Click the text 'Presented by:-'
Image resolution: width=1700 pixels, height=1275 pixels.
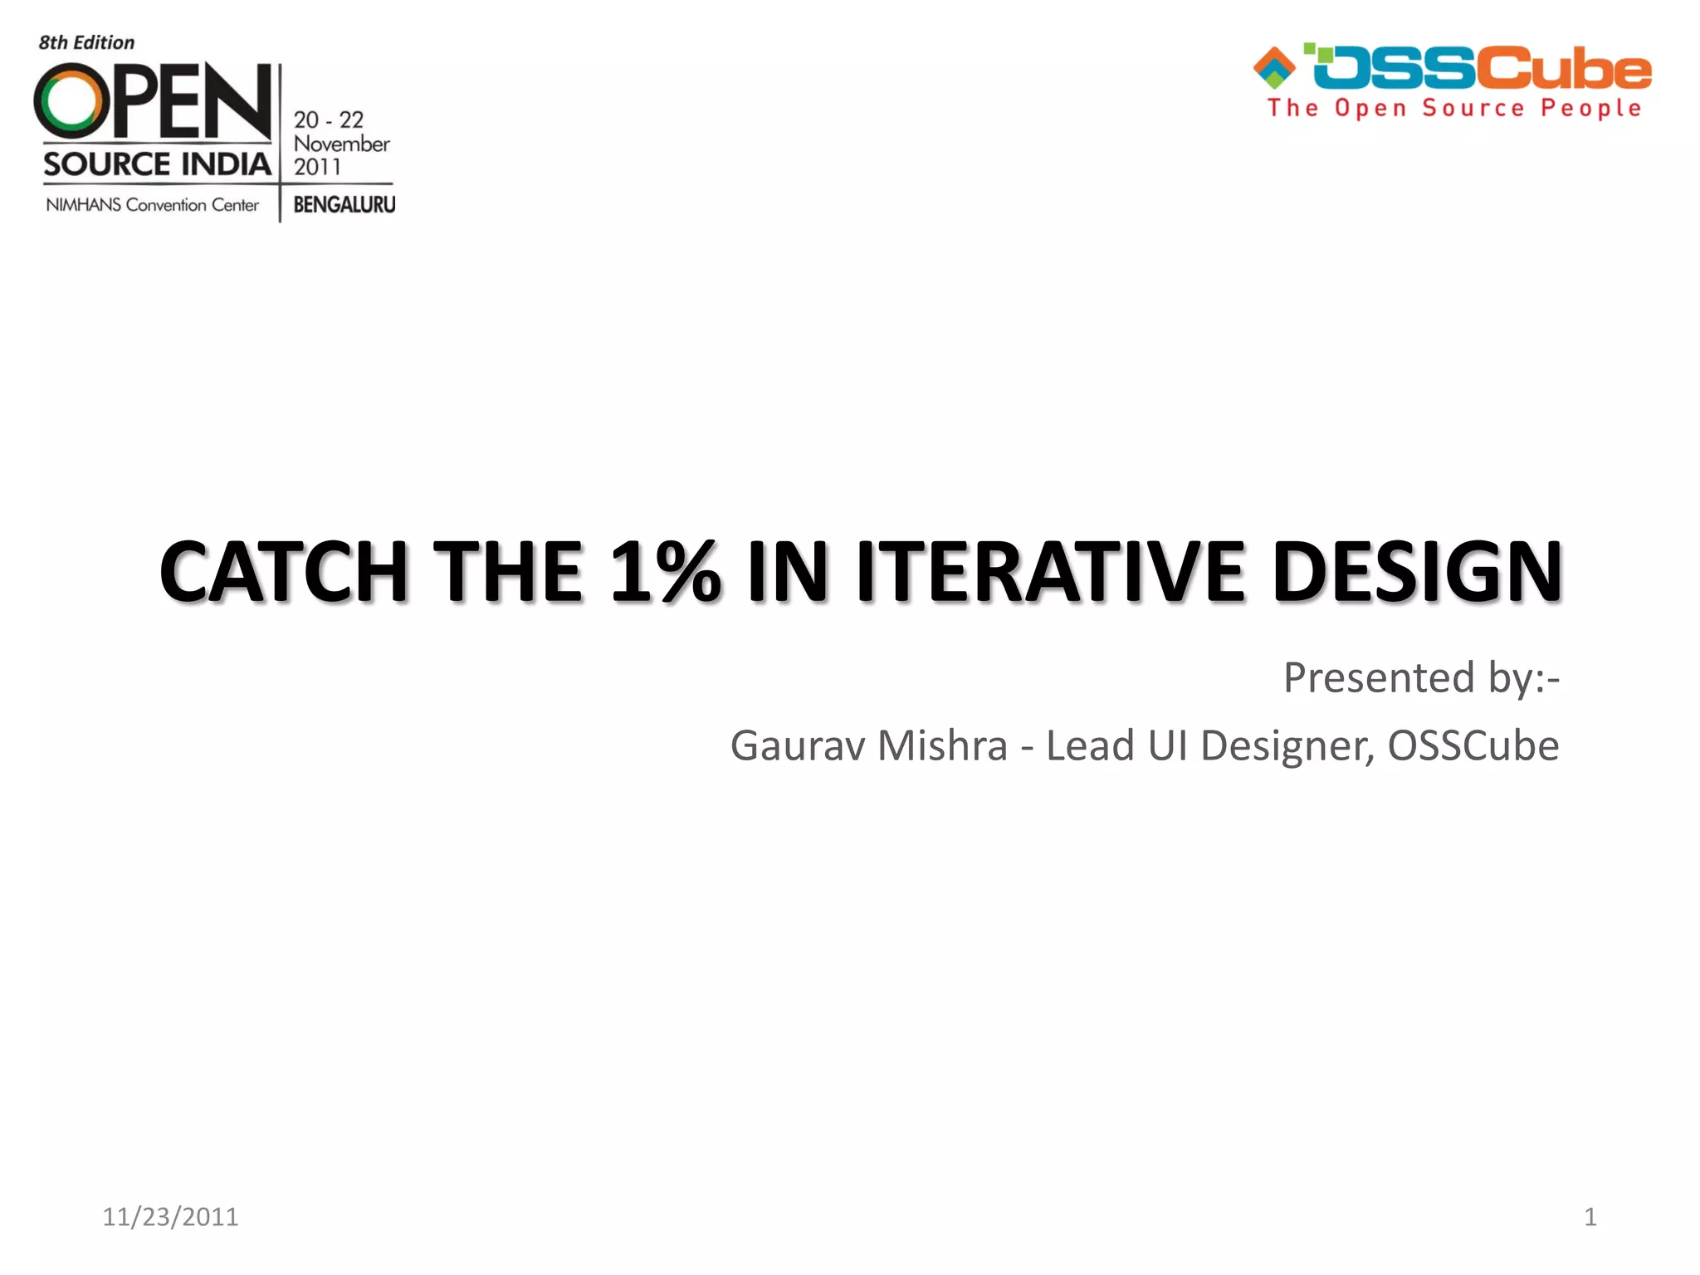point(1421,677)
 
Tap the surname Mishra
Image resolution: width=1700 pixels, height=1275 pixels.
point(942,745)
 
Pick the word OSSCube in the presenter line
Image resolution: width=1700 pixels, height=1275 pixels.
point(1473,745)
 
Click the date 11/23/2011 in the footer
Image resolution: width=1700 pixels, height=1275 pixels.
point(170,1217)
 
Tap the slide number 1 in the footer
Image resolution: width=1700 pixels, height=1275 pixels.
point(1590,1217)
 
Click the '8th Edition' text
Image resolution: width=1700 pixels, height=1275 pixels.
point(86,43)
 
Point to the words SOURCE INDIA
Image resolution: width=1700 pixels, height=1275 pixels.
point(157,164)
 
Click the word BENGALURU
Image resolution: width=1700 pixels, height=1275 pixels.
point(344,204)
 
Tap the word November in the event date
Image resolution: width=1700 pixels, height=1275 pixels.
point(341,144)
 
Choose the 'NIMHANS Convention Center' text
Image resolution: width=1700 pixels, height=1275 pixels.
point(153,205)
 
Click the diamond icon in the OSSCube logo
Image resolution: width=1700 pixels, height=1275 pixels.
point(1274,67)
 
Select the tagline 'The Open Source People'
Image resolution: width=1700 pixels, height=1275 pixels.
point(1454,109)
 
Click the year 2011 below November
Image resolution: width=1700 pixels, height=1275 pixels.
point(317,167)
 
